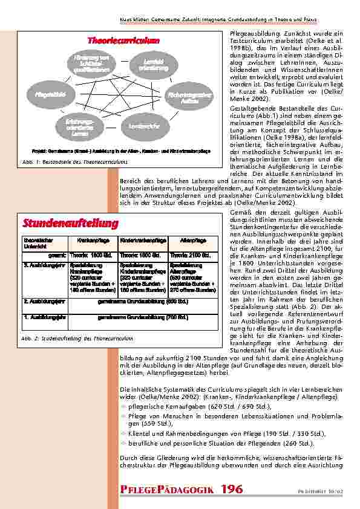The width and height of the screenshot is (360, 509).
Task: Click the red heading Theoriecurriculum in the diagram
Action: click(x=123, y=41)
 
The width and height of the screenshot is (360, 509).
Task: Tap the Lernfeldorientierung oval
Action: click(x=152, y=65)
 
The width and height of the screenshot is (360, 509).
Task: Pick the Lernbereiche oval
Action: click(x=140, y=126)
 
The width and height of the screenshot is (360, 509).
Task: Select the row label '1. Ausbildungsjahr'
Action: click(x=44, y=317)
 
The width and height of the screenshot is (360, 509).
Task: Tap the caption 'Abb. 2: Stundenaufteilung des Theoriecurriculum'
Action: click(x=77, y=339)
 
